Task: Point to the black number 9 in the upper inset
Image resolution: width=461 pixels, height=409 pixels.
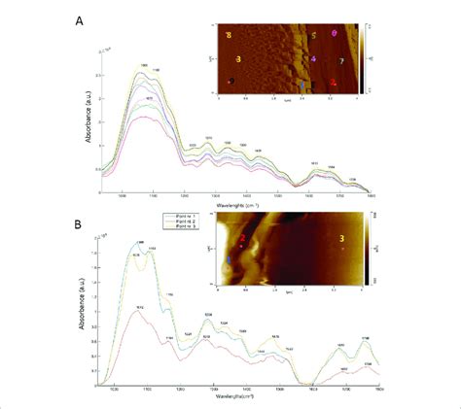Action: pyautogui.click(x=232, y=81)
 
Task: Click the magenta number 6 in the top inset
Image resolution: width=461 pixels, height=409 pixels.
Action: pyautogui.click(x=335, y=35)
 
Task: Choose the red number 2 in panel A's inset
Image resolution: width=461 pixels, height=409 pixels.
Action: pyautogui.click(x=334, y=84)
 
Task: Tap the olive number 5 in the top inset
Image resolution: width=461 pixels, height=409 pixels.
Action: pyautogui.click(x=313, y=37)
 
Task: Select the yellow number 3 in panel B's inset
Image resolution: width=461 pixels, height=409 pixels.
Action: pyautogui.click(x=340, y=239)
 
